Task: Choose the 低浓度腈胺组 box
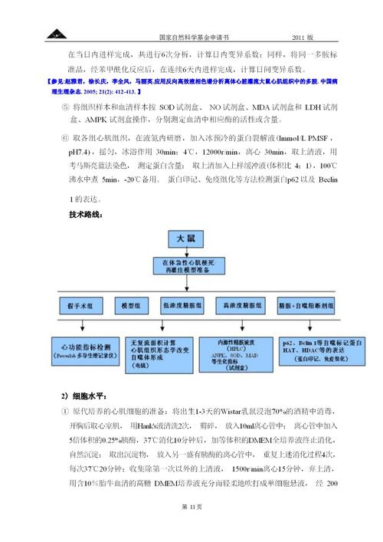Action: (183, 304)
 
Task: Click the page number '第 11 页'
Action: (191, 508)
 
